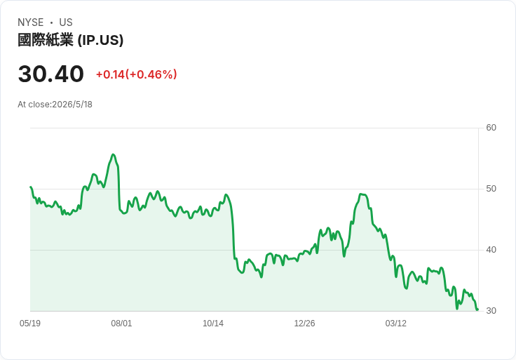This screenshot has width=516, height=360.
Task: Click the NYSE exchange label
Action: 31,22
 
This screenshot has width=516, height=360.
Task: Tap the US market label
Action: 66,22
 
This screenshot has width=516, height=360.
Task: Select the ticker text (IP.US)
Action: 100,40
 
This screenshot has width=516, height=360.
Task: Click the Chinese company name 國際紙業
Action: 46,40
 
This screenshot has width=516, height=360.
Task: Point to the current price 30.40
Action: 51,74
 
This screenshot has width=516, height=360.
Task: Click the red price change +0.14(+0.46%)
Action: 136,74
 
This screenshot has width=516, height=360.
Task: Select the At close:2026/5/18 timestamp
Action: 55,105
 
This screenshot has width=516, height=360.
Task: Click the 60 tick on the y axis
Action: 491,128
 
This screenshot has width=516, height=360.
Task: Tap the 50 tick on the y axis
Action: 491,189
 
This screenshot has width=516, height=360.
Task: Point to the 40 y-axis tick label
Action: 491,250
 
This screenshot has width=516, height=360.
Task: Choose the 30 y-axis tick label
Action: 491,311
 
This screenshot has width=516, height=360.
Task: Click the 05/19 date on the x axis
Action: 30,323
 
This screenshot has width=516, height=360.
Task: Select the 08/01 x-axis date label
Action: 121,323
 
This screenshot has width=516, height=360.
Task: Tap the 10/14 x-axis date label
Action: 213,323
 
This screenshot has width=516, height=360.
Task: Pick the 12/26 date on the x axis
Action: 304,323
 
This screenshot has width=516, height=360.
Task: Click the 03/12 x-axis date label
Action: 396,323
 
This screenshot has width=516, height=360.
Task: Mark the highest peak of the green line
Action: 113,154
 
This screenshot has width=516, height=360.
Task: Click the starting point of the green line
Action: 31,187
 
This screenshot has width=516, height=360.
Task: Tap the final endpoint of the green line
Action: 477,309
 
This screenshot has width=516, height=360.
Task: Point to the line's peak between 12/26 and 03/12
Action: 361,194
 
